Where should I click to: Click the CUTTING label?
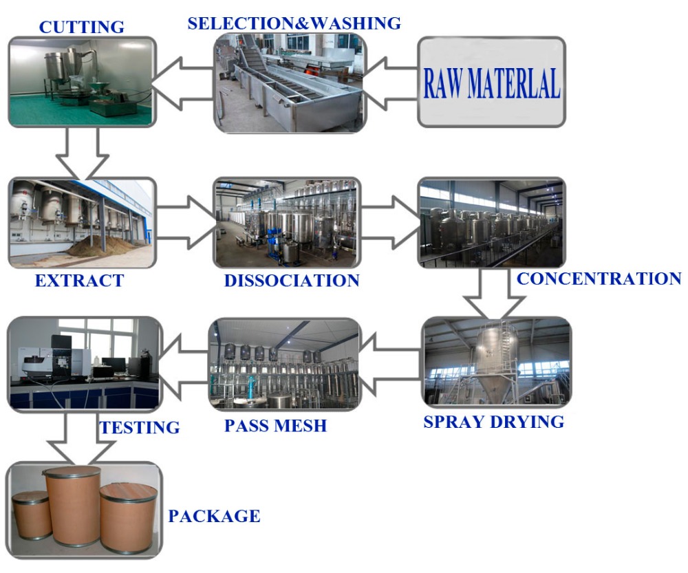tap(81, 27)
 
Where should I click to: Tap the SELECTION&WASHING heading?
tap(294, 23)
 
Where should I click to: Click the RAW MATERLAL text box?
tap(491, 83)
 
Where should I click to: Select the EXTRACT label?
tap(79, 281)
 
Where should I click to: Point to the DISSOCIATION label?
tap(292, 281)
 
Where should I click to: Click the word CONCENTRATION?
tap(599, 279)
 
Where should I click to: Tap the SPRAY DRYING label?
tap(493, 422)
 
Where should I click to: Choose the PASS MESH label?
tap(275, 426)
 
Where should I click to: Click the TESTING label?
tap(140, 428)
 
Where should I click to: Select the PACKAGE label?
tap(215, 516)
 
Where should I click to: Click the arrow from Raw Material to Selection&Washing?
tap(391, 83)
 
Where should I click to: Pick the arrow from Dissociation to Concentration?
tap(390, 221)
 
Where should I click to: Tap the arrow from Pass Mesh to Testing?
tap(184, 363)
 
